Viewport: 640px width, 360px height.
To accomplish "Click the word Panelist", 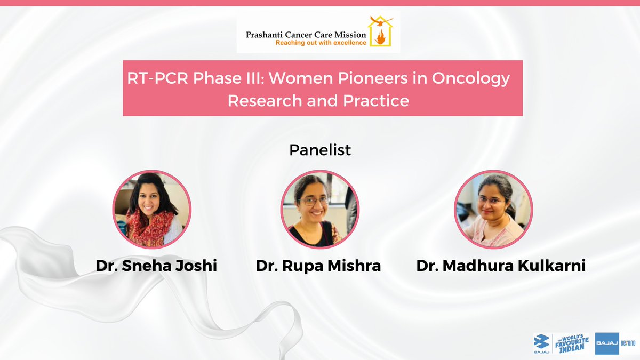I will point(320,150).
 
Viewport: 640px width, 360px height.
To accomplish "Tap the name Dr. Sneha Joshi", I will point(156,265).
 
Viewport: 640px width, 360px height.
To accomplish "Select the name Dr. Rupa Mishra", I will point(318,265).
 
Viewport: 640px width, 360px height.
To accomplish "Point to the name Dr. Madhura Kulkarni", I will point(501,265).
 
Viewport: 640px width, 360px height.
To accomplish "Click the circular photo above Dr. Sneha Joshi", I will point(153,210).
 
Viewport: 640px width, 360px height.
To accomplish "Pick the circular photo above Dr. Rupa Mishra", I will point(320,210).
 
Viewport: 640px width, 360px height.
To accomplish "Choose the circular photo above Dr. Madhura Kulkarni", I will point(493,210).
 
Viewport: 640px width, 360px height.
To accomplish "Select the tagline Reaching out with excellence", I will point(306,43).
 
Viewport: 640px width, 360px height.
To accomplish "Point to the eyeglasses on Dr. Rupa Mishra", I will point(315,201).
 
